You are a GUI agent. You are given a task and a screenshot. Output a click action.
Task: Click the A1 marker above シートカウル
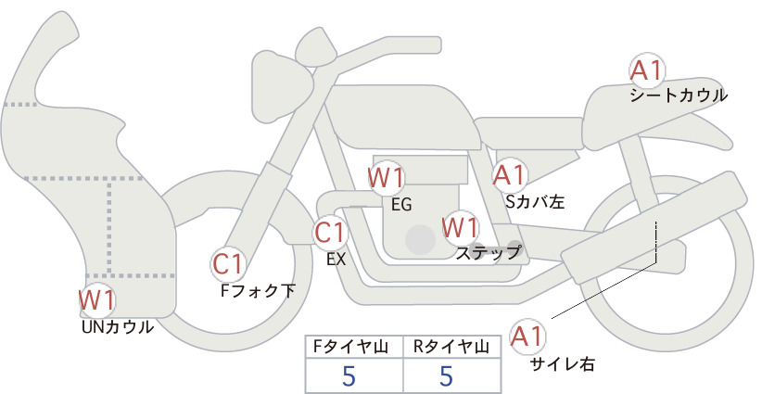tap(646, 71)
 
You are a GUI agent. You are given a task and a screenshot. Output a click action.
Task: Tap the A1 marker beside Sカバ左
tap(510, 175)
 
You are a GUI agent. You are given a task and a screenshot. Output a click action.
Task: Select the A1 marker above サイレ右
tap(527, 337)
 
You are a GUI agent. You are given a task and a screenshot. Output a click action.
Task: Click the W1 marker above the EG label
tap(386, 177)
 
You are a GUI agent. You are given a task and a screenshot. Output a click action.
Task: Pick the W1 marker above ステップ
tap(460, 227)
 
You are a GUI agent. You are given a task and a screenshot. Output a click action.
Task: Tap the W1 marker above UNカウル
tap(97, 299)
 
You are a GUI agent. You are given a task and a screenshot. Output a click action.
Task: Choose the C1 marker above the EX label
tap(330, 232)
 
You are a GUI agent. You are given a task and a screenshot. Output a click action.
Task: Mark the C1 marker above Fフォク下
tap(228, 264)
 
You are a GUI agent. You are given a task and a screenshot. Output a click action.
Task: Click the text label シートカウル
tap(679, 95)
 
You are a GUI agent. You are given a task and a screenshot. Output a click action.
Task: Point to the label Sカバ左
tap(535, 201)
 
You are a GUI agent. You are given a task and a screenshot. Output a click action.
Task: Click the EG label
tap(401, 205)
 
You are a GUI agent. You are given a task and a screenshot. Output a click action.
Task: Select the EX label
tap(337, 260)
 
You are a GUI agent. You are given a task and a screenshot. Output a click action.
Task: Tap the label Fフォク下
tap(258, 290)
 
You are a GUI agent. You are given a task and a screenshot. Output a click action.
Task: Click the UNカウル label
tap(118, 327)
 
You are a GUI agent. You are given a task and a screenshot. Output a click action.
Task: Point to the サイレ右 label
tap(563, 364)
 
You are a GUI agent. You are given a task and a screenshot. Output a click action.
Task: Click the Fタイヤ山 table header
tap(350, 347)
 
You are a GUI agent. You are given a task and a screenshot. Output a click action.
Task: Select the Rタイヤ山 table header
tap(451, 347)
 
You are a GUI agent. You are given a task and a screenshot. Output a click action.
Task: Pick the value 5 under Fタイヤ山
tap(349, 375)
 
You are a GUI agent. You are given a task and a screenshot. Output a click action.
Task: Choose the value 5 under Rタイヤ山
tap(446, 375)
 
